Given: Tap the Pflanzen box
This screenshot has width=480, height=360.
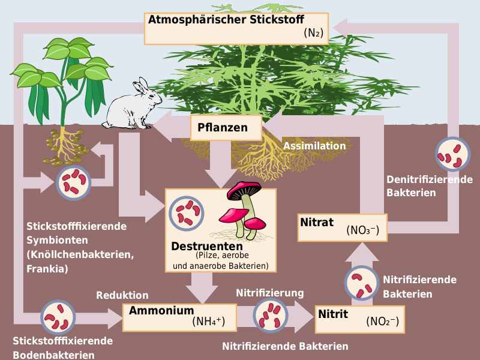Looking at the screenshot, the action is [x=226, y=128].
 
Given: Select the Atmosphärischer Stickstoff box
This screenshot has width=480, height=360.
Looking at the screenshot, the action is [x=236, y=29].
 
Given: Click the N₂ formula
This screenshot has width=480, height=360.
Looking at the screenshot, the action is [x=313, y=32].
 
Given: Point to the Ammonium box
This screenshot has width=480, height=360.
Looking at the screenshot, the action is [x=179, y=317].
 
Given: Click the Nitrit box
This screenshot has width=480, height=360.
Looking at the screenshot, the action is [x=359, y=319].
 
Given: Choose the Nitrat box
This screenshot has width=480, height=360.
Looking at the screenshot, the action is [x=343, y=228].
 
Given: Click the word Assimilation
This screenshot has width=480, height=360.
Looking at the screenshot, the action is [x=314, y=146].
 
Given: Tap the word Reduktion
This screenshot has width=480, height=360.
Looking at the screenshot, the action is [x=122, y=295].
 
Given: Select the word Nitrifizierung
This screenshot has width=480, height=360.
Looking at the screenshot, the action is [x=269, y=293].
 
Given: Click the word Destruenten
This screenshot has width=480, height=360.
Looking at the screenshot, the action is [x=207, y=246].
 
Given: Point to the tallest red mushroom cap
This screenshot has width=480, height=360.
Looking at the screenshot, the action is [x=244, y=190].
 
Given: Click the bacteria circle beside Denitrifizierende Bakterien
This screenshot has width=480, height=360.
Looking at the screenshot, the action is [x=453, y=154].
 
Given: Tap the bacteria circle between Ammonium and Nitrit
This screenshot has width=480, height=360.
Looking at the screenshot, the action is [x=271, y=315].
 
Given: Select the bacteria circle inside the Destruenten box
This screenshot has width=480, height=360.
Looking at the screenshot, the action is [x=187, y=214].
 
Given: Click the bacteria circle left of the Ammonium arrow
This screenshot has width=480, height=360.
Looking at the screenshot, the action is [x=58, y=317].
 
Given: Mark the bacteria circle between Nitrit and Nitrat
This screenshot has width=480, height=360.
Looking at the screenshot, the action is [x=362, y=283].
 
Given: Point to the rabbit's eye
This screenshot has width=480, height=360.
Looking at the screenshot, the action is [x=151, y=96].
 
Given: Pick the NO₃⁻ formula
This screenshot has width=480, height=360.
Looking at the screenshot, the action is [x=363, y=230].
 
